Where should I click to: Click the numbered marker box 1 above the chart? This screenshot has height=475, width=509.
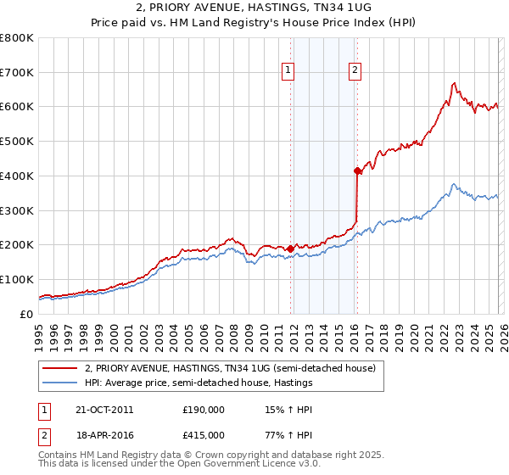(x=289, y=71)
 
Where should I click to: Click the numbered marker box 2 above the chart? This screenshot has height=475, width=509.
(x=355, y=71)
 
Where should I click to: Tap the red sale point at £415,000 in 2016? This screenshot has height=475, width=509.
(x=357, y=171)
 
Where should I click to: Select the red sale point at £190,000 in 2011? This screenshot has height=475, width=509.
(x=290, y=249)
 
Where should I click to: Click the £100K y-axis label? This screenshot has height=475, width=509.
(x=17, y=279)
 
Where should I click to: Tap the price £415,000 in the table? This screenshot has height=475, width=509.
(x=203, y=435)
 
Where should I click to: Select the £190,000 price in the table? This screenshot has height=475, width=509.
(x=203, y=410)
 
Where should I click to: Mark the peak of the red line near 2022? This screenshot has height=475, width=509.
(x=454, y=83)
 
